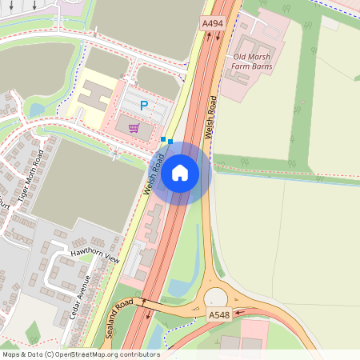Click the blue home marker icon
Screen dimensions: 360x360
(180, 172)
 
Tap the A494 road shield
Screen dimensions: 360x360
(212, 24)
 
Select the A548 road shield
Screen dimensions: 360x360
(219, 315)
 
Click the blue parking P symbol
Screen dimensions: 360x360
(144, 105)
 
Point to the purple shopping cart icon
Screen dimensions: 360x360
(134, 127)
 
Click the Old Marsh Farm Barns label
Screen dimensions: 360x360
(252, 61)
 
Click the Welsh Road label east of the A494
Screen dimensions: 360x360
(210, 116)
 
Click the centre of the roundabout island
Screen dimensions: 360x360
(216, 298)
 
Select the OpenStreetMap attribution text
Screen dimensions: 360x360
(81, 354)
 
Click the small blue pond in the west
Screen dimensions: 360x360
(35, 109)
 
